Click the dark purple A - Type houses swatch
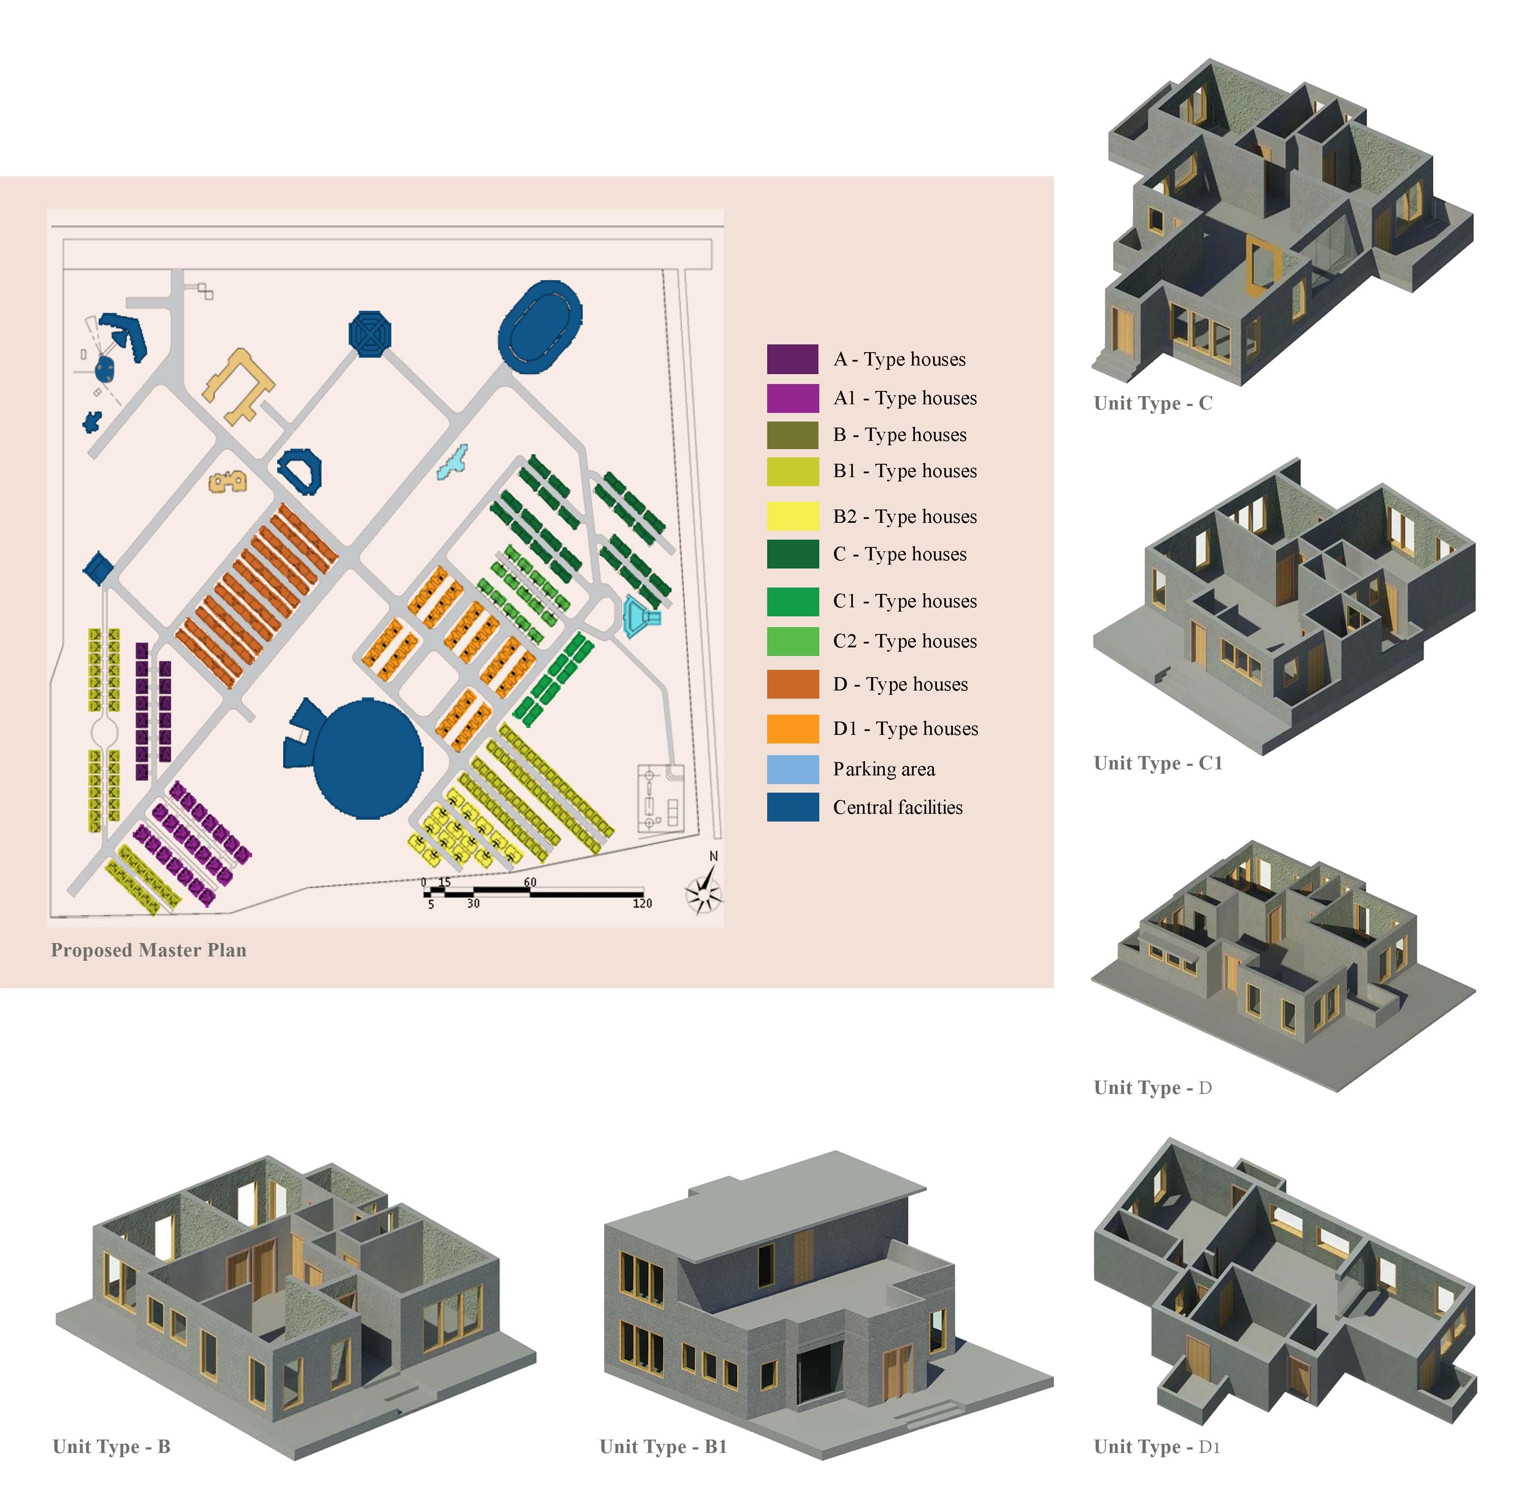[x=792, y=359]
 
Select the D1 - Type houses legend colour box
[x=792, y=729]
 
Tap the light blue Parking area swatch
[x=792, y=769]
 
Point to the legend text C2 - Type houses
[x=904, y=641]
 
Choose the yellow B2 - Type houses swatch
[x=792, y=516]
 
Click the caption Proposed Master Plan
[x=149, y=950]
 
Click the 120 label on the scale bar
[x=642, y=903]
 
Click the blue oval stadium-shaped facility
[x=540, y=326]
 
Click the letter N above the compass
[x=714, y=856]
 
